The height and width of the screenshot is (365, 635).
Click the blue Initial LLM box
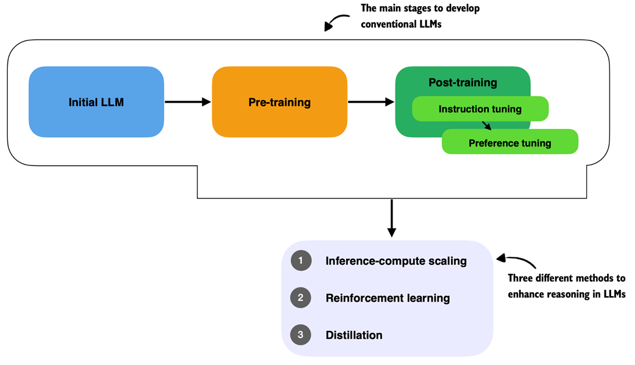point(96,102)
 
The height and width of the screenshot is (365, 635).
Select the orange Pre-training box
point(280,102)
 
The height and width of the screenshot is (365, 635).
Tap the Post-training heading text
point(463,82)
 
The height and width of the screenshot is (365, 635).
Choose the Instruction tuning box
point(480,109)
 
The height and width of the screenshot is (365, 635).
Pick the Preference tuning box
point(509,143)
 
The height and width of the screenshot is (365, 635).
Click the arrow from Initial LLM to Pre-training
point(188,102)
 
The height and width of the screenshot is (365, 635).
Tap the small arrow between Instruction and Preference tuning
point(486,126)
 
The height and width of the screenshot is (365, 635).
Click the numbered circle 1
point(300,261)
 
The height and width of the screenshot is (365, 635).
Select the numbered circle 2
point(300,298)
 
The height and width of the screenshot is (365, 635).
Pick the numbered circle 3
point(300,334)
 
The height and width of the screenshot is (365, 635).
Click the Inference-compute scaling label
point(396,261)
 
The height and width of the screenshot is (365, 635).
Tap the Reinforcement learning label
point(388,298)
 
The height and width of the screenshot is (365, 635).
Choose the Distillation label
point(354,335)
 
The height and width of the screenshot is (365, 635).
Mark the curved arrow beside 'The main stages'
point(334,23)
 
